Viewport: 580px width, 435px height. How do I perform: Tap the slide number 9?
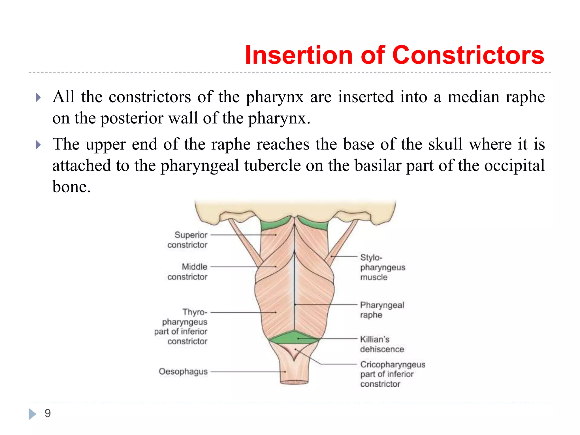click(x=48, y=413)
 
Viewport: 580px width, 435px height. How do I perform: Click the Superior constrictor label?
click(x=187, y=240)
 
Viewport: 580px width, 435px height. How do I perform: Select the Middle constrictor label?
click(x=187, y=272)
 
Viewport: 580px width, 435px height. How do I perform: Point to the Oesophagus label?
click(x=183, y=371)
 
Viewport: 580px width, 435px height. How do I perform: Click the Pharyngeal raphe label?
click(x=381, y=310)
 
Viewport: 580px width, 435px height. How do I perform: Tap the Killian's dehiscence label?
click(x=381, y=344)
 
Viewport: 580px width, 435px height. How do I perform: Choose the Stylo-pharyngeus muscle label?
click(x=382, y=267)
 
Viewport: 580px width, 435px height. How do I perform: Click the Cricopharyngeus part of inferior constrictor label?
click(x=392, y=374)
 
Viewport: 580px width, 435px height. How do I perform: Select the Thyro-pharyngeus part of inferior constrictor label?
click(x=181, y=327)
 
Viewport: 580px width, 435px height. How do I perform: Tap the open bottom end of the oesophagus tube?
click(x=294, y=382)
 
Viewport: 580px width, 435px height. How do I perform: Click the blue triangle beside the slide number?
click(x=33, y=414)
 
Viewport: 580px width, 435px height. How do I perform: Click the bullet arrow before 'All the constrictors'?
click(x=38, y=98)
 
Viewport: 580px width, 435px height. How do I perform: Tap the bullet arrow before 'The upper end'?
click(x=38, y=145)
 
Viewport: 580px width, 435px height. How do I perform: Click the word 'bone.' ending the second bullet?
click(x=71, y=187)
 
